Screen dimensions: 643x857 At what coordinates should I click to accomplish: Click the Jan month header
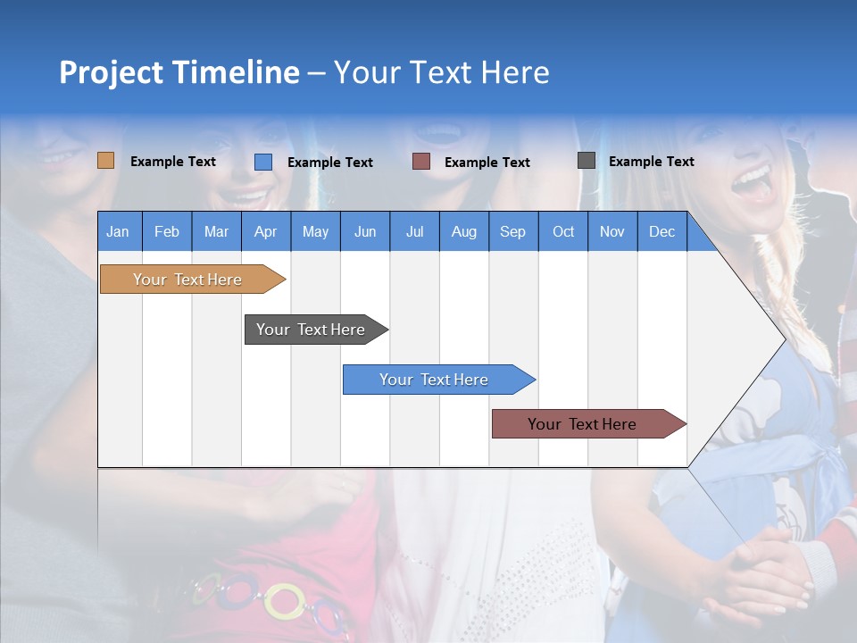click(118, 231)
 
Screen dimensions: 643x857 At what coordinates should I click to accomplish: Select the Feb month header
click(167, 231)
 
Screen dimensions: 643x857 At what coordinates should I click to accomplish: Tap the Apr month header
click(265, 231)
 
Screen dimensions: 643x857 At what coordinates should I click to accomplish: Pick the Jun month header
click(365, 231)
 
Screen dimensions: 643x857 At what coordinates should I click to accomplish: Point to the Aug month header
click(463, 231)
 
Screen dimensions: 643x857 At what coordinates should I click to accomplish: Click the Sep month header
click(512, 231)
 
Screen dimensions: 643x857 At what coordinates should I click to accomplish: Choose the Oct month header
click(563, 231)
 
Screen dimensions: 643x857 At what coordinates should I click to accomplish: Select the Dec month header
click(661, 231)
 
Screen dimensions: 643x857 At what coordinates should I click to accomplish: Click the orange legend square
click(106, 161)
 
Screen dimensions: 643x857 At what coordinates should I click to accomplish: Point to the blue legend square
click(263, 162)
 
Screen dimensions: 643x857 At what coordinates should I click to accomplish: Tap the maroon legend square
click(421, 162)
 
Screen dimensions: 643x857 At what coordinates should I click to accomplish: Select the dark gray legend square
click(587, 161)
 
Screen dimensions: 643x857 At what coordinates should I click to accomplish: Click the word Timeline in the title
click(236, 72)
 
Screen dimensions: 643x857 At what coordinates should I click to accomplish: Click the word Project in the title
click(111, 72)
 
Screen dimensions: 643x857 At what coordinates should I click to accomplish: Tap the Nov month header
click(612, 231)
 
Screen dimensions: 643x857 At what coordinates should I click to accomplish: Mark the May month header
click(315, 231)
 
